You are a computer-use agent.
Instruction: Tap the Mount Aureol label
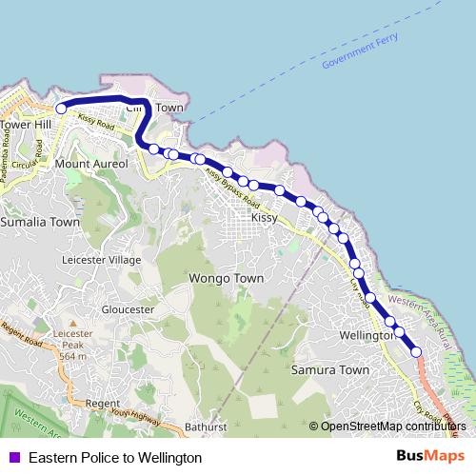point(91,165)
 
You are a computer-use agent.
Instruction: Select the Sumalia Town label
point(40,222)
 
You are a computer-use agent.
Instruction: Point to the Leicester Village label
point(100,260)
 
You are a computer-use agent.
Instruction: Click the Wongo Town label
point(226,279)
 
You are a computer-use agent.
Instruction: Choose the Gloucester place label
point(128,309)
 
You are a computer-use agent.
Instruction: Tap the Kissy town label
point(264,218)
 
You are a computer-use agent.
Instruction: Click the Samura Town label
point(329,369)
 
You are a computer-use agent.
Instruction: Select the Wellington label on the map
point(366,336)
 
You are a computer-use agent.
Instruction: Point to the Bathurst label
point(206,426)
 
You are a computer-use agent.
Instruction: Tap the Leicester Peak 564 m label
point(73,345)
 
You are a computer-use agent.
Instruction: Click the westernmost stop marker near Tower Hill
point(61,109)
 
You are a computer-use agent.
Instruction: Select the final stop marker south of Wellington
point(416,352)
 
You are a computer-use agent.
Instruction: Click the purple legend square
point(13,458)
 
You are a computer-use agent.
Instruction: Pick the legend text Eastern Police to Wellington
point(115,458)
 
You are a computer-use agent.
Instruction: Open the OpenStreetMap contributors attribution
point(393,426)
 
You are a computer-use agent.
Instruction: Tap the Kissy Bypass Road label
point(233,187)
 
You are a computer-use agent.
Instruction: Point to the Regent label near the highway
point(102,404)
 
